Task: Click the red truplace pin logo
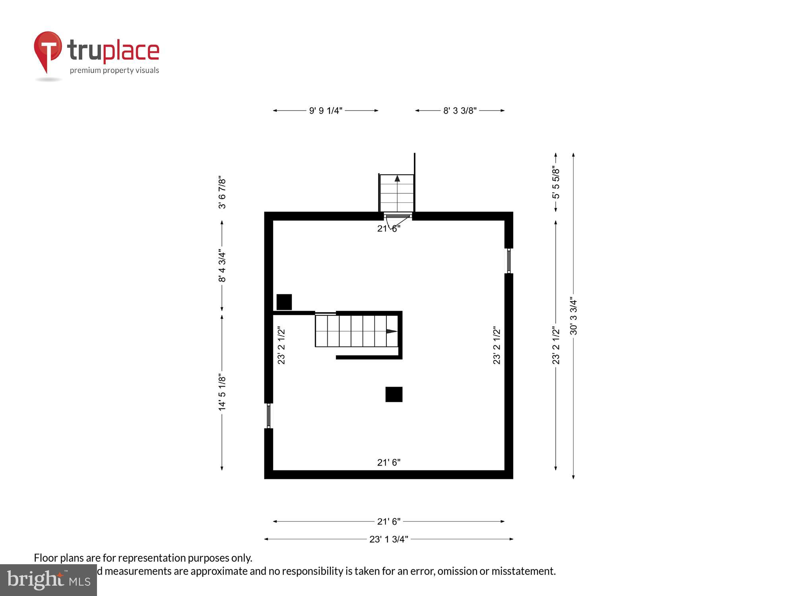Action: (48, 50)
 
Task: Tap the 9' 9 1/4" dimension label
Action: (326, 111)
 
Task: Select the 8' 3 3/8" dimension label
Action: (460, 111)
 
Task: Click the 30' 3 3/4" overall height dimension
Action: (573, 316)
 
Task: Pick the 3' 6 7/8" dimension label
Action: (222, 193)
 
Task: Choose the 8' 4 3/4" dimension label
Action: (222, 267)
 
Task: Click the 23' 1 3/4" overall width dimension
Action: (389, 539)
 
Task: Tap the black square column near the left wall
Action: (284, 302)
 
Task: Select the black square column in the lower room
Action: (394, 395)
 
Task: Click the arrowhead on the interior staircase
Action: (392, 331)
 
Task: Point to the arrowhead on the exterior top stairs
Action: (397, 178)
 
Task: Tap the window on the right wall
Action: (509, 261)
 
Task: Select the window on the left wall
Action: (269, 416)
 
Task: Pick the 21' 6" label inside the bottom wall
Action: (389, 462)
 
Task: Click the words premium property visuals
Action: (114, 71)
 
